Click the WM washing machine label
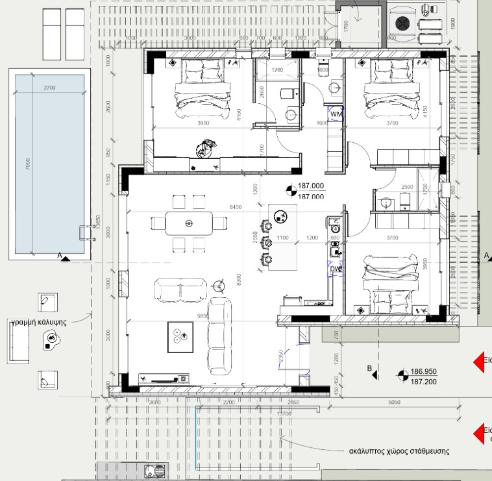coord(336,114)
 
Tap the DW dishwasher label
coord(336,269)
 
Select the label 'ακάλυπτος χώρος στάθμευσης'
coord(399,450)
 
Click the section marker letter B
coord(370,369)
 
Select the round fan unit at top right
coord(402,23)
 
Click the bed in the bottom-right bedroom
coord(389,283)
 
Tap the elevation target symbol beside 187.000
coord(291,190)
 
